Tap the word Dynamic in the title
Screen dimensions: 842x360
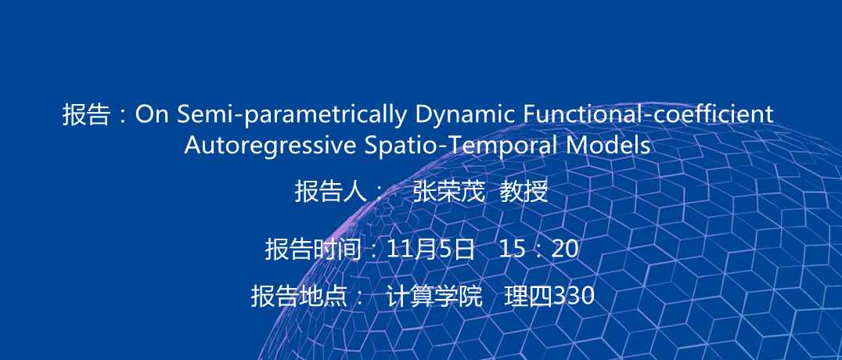pyautogui.click(x=465, y=114)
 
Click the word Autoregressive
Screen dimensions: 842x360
pyautogui.click(x=270, y=145)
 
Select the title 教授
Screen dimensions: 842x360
pyautogui.click(x=524, y=191)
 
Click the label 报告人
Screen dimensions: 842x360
pyautogui.click(x=330, y=191)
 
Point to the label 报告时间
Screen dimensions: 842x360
pyautogui.click(x=312, y=249)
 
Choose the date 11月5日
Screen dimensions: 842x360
pyautogui.click(x=430, y=249)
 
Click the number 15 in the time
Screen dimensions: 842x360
pyautogui.click(x=513, y=249)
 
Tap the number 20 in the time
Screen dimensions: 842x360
pyautogui.click(x=565, y=249)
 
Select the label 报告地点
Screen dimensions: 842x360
pyautogui.click(x=299, y=296)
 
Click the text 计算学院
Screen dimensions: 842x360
pyautogui.click(x=434, y=296)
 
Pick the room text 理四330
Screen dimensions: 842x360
pyautogui.click(x=549, y=296)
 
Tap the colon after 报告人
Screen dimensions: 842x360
pyautogui.click(x=379, y=193)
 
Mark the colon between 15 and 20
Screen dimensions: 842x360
pyautogui.click(x=538, y=250)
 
